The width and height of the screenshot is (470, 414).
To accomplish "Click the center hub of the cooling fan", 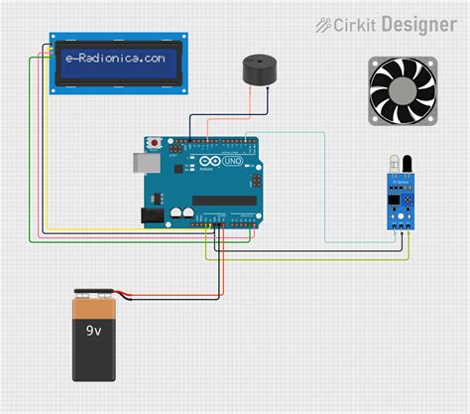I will tap(403, 91).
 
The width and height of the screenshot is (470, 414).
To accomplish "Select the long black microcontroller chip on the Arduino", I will tap(223, 200).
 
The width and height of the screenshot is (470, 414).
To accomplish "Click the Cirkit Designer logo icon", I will tap(323, 24).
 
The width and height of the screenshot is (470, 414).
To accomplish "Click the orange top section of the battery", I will tap(96, 311).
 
